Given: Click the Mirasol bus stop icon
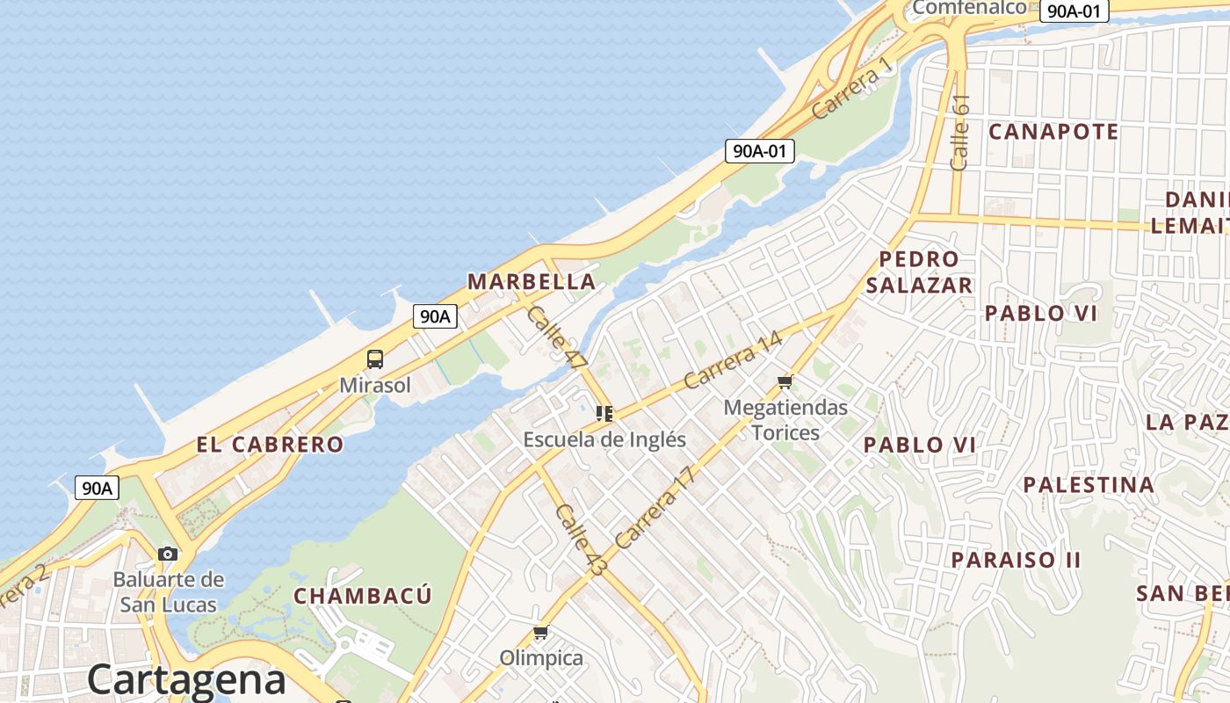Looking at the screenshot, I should [x=375, y=359].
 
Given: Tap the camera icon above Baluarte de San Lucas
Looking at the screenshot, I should [x=168, y=554].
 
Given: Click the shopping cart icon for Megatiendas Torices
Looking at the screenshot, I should [x=785, y=381].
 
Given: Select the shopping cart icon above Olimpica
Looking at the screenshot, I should [x=541, y=633].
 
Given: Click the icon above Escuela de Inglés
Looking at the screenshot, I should [x=604, y=413].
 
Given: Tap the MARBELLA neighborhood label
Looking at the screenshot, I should [x=532, y=282].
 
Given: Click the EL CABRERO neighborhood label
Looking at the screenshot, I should [x=270, y=445].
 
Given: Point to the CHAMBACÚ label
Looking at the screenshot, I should [x=363, y=596].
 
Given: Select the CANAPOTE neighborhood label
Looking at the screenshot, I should [x=1053, y=132].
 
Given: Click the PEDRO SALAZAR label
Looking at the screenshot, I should [x=919, y=272].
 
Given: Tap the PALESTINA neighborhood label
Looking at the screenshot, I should [x=1089, y=484].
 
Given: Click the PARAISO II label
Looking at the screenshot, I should [x=1016, y=559].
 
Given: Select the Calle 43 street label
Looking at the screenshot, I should [x=581, y=540].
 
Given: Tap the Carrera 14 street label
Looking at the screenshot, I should [x=732, y=360].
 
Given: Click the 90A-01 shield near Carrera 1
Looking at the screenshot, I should [x=760, y=151].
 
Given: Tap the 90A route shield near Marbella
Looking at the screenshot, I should [x=436, y=316].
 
